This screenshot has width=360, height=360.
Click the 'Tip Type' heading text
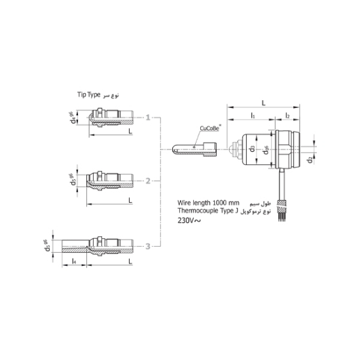coord(87,96)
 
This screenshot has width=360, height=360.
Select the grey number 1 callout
coord(149,118)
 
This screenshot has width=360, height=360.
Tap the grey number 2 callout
coord(149,181)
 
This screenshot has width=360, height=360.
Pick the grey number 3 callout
coord(149,246)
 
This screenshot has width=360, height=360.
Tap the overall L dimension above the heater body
coord(262,103)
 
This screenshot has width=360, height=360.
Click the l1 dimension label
coord(253,115)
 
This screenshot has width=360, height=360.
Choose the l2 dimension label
coord(288,115)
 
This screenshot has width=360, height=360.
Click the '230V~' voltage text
coord(190,221)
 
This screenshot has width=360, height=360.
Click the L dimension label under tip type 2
coord(130,198)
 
